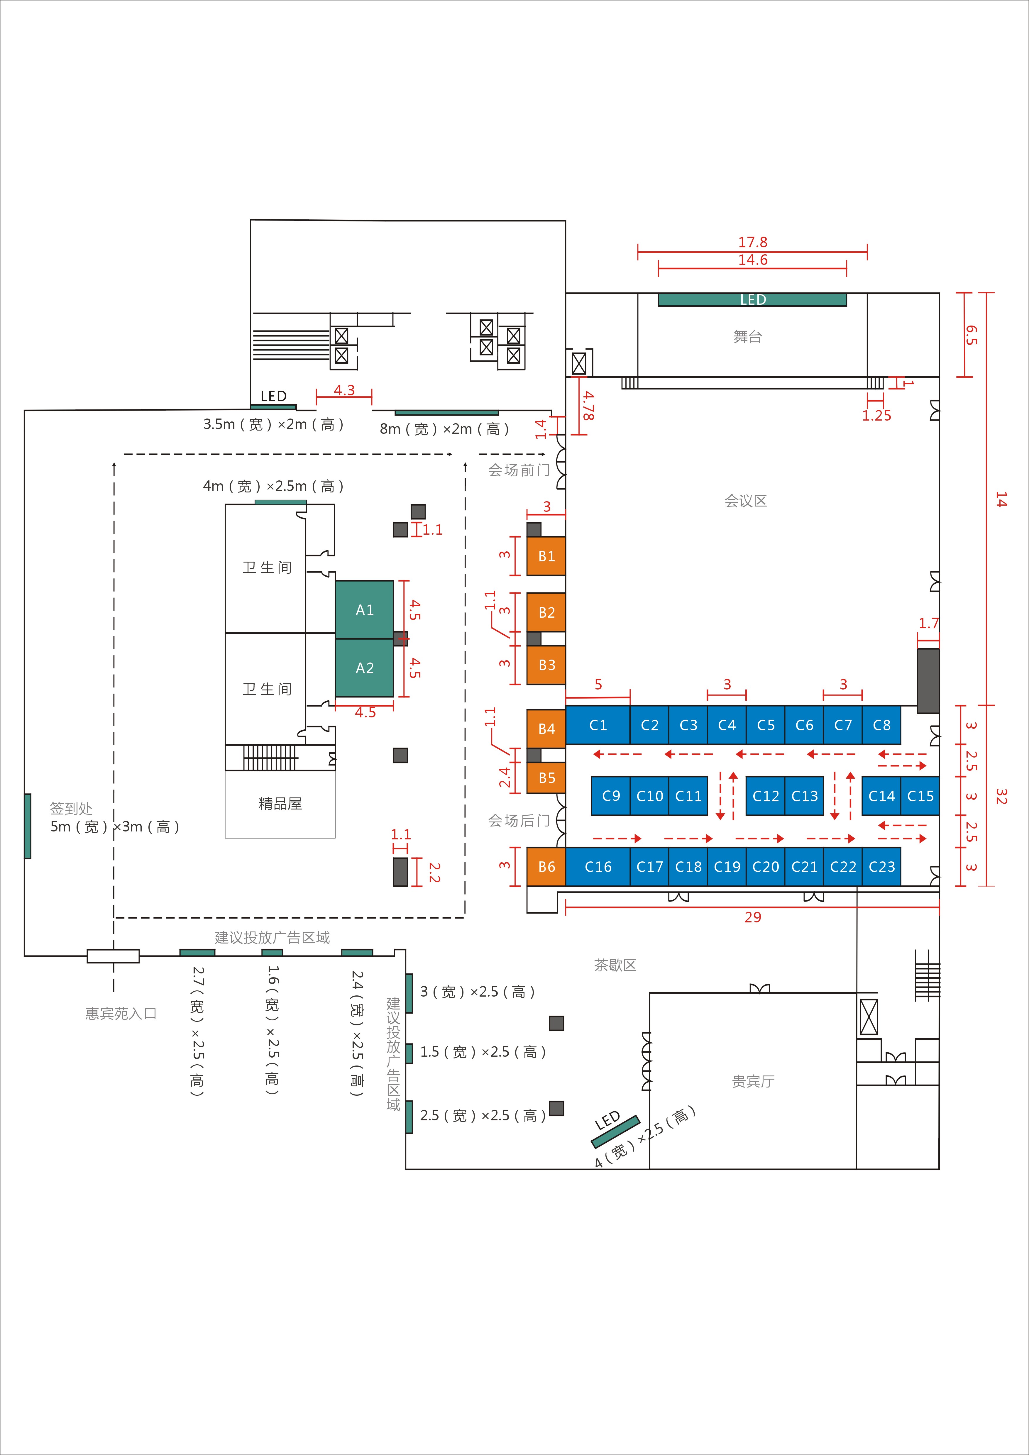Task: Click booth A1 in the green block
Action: point(364,610)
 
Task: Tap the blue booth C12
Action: point(765,796)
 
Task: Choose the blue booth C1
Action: point(598,725)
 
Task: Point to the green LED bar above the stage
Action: point(752,300)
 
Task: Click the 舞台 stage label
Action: point(748,336)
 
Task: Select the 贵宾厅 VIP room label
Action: point(753,1081)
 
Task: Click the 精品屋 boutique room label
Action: point(280,804)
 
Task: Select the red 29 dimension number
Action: point(753,917)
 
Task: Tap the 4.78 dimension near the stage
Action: point(589,406)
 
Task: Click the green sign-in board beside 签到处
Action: point(27,826)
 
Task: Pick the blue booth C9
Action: point(611,796)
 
